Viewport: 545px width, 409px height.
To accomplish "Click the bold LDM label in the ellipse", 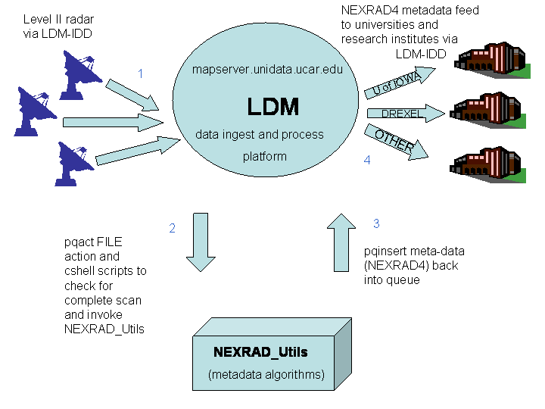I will (272, 105).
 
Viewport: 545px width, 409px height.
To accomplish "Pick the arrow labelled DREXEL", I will (404, 114).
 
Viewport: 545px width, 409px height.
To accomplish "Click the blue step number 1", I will (140, 73).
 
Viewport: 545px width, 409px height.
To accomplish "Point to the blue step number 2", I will (173, 228).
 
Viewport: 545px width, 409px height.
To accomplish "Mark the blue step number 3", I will (375, 223).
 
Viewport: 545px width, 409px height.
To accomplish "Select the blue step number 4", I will (366, 161).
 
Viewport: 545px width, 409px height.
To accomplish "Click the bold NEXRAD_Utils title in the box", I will (260, 352).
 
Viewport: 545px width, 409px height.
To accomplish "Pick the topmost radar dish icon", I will (83, 68).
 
